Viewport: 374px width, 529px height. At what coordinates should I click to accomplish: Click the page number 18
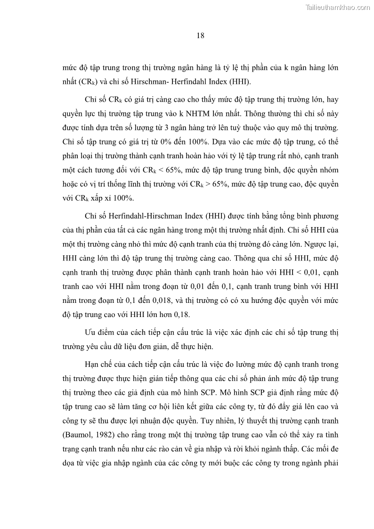(200, 36)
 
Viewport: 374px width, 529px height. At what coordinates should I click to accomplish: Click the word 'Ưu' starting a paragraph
(90, 333)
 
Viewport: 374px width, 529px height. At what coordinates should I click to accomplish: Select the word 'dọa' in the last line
(69, 458)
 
